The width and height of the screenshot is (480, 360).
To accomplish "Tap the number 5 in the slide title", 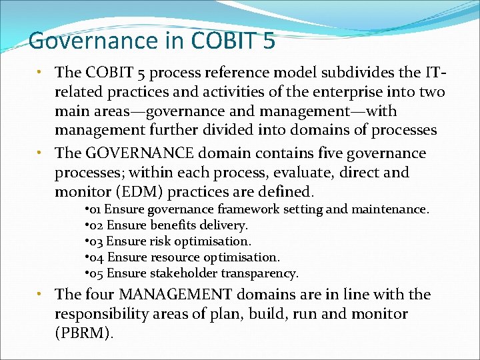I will pyautogui.click(x=267, y=41).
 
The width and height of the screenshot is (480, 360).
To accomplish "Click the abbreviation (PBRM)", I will pyautogui.click(x=85, y=333).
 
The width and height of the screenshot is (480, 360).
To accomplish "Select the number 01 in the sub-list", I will pyautogui.click(x=97, y=209).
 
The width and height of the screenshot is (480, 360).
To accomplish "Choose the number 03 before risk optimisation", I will pyautogui.click(x=97, y=241).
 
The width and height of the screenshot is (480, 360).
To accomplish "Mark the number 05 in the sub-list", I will pyautogui.click(x=97, y=273).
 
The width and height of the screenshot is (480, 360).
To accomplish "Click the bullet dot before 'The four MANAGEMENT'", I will pyautogui.click(x=41, y=294).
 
